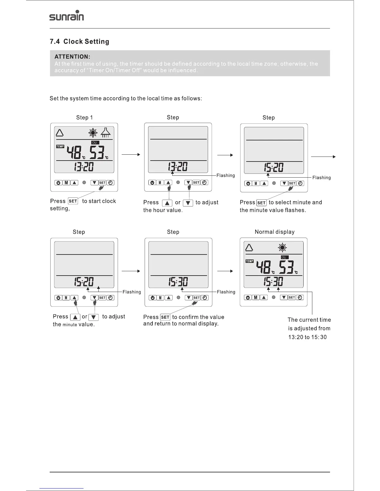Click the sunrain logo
tap(66, 15)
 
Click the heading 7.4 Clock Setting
tap(79, 42)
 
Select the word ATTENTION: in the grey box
tap(72, 57)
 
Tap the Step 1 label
tap(84, 117)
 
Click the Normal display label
tap(274, 232)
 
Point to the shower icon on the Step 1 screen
tap(106, 133)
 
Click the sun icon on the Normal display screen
tap(282, 247)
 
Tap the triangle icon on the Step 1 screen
tap(60, 133)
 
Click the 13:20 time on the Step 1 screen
tap(84, 167)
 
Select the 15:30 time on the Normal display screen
tap(273, 282)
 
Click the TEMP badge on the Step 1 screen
tap(60, 146)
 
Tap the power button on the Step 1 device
tap(58, 183)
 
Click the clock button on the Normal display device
tap(300, 297)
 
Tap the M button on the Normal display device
tap(256, 297)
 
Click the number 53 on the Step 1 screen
tap(97, 153)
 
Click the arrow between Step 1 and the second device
tap(131, 154)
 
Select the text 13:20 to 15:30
tap(307, 337)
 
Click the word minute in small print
tap(70, 325)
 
